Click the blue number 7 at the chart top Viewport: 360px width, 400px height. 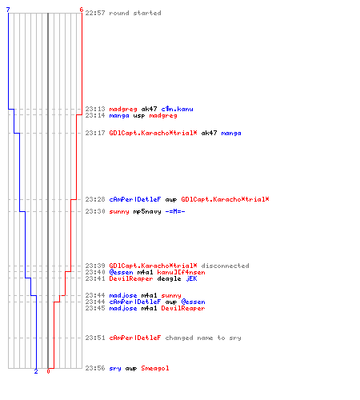(x=8, y=10)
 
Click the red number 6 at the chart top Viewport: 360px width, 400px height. (x=82, y=10)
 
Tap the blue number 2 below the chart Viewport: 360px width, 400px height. (x=36, y=371)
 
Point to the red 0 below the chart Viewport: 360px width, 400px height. (x=48, y=371)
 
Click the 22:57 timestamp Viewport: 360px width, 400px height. (x=95, y=13)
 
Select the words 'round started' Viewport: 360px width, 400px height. (x=135, y=13)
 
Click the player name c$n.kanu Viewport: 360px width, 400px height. (x=177, y=109)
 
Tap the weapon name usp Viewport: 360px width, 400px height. (x=139, y=116)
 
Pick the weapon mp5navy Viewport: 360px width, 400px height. (x=147, y=212)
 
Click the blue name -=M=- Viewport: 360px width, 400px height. (x=175, y=211)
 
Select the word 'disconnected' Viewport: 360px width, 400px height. (x=226, y=266)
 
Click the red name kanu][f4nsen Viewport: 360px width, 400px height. (x=182, y=272)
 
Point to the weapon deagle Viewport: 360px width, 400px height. (x=169, y=279)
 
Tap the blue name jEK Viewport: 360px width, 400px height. (x=191, y=278)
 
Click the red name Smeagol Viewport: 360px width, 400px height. (x=155, y=368)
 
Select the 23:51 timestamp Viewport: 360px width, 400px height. (x=95, y=338)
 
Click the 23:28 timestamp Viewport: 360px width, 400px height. (x=95, y=199)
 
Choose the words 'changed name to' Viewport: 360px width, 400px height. (x=195, y=338)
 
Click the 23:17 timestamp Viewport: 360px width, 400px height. (x=95, y=133)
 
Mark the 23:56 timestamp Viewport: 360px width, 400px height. (x=95, y=368)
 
